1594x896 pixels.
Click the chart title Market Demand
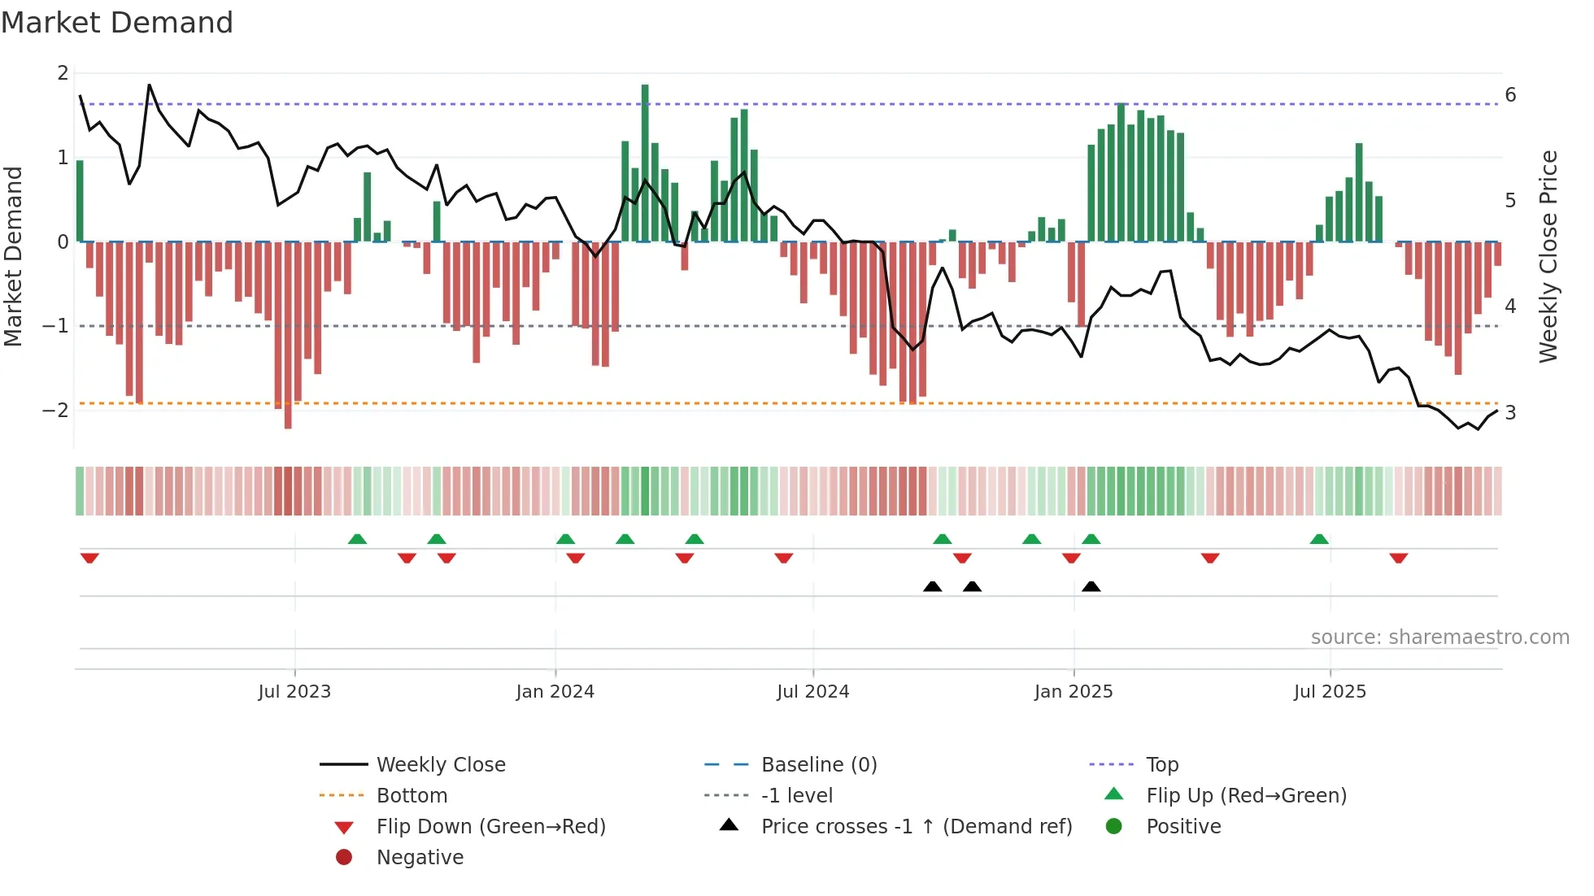(117, 23)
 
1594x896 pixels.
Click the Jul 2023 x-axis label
(294, 692)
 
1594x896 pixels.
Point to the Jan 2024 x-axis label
(555, 692)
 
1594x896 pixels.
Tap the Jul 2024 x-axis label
(812, 692)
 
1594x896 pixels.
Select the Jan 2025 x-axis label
(1074, 692)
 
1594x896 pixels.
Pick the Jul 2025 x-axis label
(1330, 692)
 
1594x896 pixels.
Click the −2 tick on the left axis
(55, 410)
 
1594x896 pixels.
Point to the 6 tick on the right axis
(1510, 95)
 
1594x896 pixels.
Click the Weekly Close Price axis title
(1548, 256)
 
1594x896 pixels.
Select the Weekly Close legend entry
(440, 765)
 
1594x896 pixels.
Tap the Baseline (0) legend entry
(818, 765)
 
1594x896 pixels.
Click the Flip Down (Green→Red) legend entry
(490, 827)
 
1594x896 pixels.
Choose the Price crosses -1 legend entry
(916, 827)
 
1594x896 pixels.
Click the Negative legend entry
(420, 858)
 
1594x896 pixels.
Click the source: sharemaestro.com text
(1439, 637)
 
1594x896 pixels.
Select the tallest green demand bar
(645, 163)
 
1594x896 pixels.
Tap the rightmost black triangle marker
(1091, 587)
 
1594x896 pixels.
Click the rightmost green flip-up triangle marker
(1319, 539)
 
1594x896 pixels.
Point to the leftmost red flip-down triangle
(89, 558)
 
